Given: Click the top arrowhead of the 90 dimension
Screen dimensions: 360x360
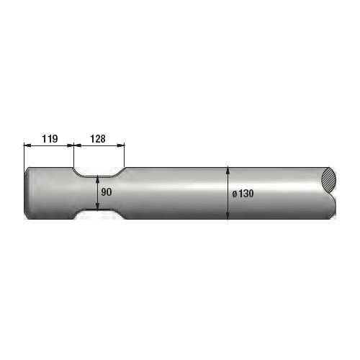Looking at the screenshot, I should (x=98, y=180).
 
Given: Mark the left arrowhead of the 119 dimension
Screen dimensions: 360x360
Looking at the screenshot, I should (x=27, y=144).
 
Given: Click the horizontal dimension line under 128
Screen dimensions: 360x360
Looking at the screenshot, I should (x=99, y=144).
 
